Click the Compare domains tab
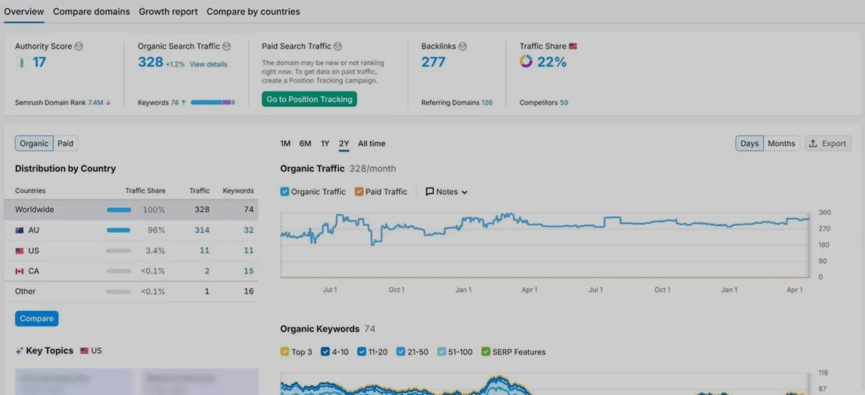click(91, 12)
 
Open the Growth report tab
click(168, 12)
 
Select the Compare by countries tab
click(253, 12)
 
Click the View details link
click(208, 65)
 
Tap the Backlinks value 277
click(433, 62)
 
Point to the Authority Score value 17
click(39, 62)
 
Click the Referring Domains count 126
click(487, 103)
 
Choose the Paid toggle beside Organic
click(65, 144)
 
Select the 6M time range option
click(305, 144)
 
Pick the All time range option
click(371, 144)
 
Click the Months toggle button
click(781, 144)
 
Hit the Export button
click(827, 144)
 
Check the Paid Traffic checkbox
click(359, 192)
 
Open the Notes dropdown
click(446, 192)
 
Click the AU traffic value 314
click(202, 230)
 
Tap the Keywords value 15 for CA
click(249, 271)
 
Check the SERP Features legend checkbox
click(486, 352)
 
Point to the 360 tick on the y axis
click(824, 213)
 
